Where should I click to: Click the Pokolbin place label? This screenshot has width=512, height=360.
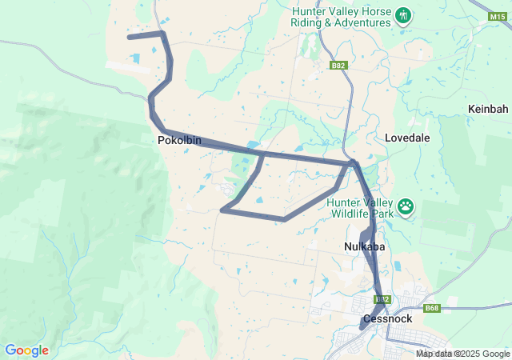pyautogui.click(x=179, y=141)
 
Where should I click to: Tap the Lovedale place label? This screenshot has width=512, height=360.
pyautogui.click(x=407, y=138)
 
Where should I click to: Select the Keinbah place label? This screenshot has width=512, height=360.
pyautogui.click(x=488, y=108)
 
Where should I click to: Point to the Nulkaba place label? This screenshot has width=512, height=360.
pyautogui.click(x=365, y=246)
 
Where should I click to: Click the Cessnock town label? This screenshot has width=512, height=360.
pyautogui.click(x=386, y=318)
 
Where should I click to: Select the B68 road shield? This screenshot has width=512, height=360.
pyautogui.click(x=433, y=308)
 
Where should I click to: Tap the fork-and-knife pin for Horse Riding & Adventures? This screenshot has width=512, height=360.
pyautogui.click(x=403, y=16)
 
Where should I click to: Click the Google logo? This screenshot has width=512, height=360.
pyautogui.click(x=26, y=350)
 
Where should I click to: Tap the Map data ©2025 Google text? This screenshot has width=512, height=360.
pyautogui.click(x=462, y=354)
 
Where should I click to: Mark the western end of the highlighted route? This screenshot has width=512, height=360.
pyautogui.click(x=129, y=37)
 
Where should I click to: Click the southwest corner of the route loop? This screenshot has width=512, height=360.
pyautogui.click(x=222, y=210)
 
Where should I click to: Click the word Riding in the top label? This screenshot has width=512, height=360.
pyautogui.click(x=309, y=23)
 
